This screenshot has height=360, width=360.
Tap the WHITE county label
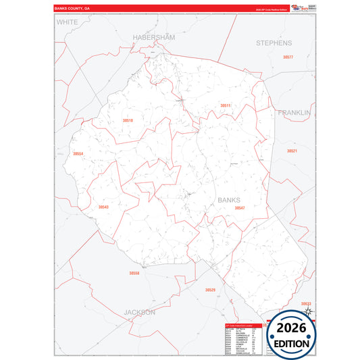pos(68,22)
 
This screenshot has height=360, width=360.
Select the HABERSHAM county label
pos(153,38)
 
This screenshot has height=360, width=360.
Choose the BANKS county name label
pos(229,200)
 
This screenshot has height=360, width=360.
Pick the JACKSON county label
pos(139,313)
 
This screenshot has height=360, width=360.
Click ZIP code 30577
pos(288,57)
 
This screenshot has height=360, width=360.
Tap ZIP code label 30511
pos(225,105)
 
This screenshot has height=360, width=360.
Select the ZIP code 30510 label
pos(128,120)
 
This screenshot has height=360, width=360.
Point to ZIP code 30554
pos(78,154)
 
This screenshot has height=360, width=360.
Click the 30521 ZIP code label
pos(292,151)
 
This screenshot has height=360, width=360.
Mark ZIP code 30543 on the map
pos(103,207)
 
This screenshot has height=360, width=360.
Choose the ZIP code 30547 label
pos(239,208)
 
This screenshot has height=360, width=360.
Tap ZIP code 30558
pos(134,273)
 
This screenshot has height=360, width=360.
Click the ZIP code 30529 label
pos(210,290)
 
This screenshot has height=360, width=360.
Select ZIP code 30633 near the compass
pos(305,304)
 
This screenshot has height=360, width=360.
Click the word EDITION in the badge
pos(292,343)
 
